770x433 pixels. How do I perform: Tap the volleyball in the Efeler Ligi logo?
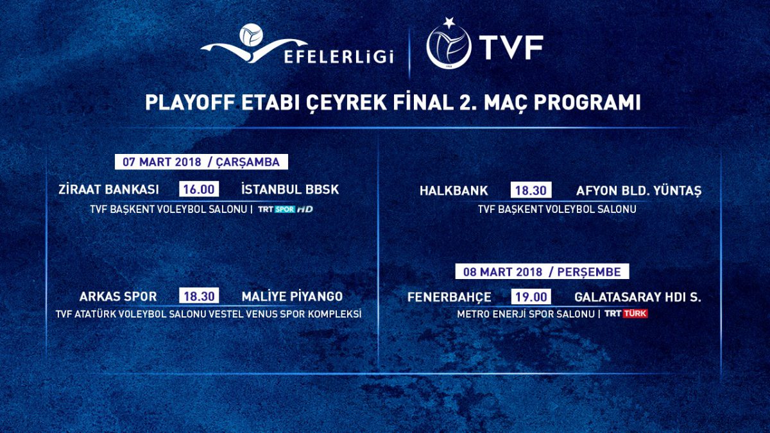point(252,35)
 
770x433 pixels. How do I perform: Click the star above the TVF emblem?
point(449,22)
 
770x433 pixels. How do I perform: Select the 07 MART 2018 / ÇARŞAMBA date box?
point(201,162)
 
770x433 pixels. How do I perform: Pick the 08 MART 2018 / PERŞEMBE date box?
point(542,271)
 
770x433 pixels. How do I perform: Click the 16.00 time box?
point(199,189)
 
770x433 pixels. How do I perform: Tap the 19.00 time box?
point(531,296)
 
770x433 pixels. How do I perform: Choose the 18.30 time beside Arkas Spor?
point(199,296)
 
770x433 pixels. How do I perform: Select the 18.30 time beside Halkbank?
point(531,190)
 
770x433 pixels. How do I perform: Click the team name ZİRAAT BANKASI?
point(108,189)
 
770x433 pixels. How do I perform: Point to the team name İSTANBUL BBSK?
point(290,189)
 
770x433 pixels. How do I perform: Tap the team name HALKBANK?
point(454,191)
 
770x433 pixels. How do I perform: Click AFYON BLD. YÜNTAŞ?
point(638,191)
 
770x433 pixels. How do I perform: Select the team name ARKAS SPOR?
point(118,296)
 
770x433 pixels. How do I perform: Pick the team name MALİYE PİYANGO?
point(292,296)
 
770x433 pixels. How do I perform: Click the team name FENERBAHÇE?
point(449,297)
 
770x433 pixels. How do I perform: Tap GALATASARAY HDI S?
point(638,297)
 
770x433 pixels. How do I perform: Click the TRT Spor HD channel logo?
point(286,209)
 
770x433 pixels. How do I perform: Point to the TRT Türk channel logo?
point(626,314)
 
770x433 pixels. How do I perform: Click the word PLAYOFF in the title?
point(190,102)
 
